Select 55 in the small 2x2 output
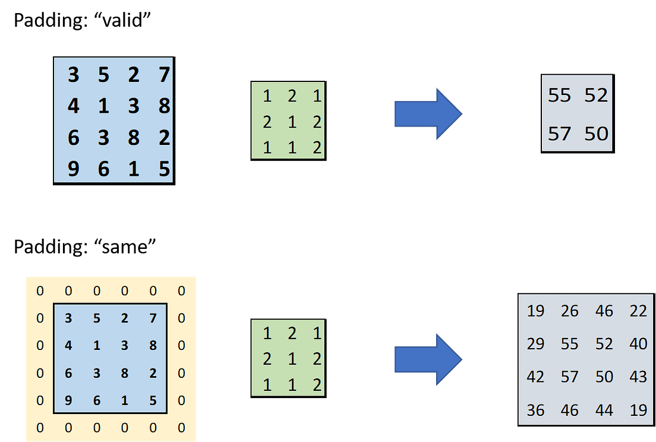click(x=559, y=95)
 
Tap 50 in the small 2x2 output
click(x=596, y=134)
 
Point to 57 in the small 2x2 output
click(x=559, y=134)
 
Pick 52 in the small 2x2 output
click(x=596, y=95)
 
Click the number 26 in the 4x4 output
click(x=569, y=311)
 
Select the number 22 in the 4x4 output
click(x=638, y=311)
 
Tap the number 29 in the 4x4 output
click(x=535, y=343)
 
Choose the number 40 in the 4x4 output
click(x=638, y=343)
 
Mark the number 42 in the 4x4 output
click(x=535, y=377)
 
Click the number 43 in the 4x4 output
click(x=638, y=377)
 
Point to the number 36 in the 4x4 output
click(x=535, y=410)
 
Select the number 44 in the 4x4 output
click(x=604, y=410)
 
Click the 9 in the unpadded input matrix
click(x=73, y=170)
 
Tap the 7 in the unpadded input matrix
click(x=165, y=75)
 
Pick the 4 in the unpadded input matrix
click(x=73, y=106)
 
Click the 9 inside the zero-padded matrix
click(x=68, y=400)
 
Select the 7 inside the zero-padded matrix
click(x=153, y=318)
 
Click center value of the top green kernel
click(x=292, y=121)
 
